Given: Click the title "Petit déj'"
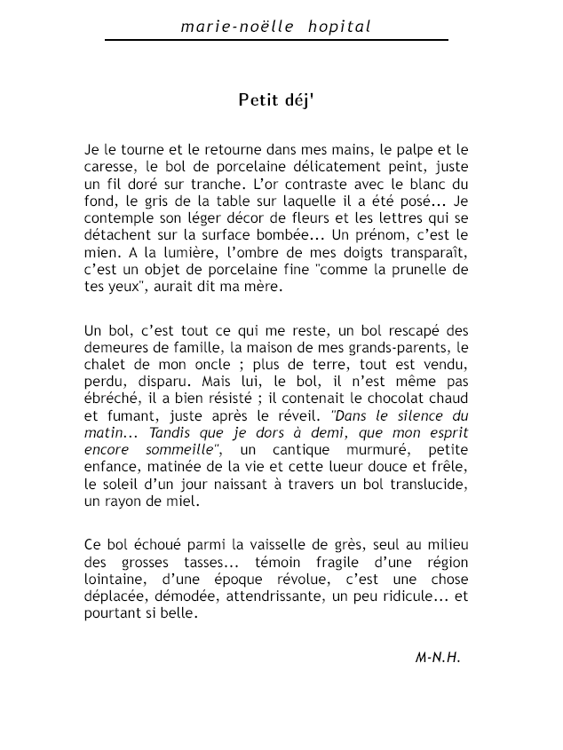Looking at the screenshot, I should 275,99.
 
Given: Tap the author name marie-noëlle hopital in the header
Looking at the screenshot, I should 275,28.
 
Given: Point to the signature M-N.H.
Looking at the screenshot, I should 439,657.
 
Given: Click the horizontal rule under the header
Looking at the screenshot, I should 276,40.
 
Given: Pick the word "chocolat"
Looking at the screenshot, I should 391,399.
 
